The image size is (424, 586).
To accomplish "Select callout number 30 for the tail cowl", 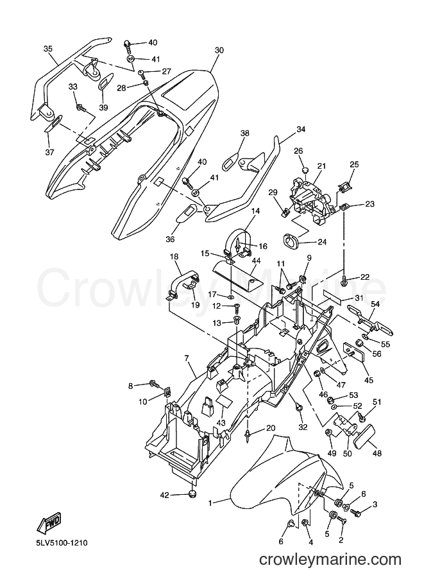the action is tap(219, 50).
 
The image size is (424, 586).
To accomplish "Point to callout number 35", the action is tap(48, 49).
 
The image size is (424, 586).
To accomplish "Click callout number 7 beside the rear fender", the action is tap(187, 359).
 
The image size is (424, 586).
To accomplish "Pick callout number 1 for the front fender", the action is tap(210, 503).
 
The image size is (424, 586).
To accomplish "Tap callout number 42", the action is tap(165, 496).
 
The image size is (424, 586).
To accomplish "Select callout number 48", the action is tap(377, 453).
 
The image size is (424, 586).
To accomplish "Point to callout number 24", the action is tap(321, 243).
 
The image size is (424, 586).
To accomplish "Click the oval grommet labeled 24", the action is tap(292, 241).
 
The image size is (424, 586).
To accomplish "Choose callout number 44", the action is tap(256, 260).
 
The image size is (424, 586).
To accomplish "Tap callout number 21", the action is tap(321, 166).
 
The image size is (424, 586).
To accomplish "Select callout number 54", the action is tap(375, 304).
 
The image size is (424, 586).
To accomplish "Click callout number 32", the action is tap(303, 427).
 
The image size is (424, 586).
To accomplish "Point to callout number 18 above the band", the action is tap(174, 257).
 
